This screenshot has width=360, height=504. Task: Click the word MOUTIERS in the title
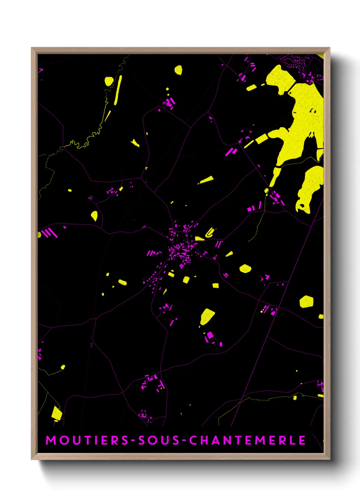pyautogui.click(x=87, y=440)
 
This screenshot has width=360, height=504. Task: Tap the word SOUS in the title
pyautogui.click(x=159, y=440)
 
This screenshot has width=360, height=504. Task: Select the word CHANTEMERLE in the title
pyautogui.click(x=247, y=440)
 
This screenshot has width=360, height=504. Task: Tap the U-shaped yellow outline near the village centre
pyautogui.click(x=210, y=233)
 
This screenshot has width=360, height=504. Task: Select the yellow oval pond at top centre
pyautogui.click(x=178, y=70)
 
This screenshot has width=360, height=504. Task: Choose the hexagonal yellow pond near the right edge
pyautogui.click(x=306, y=302)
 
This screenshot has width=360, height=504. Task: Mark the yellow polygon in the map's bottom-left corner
pyautogui.click(x=56, y=413)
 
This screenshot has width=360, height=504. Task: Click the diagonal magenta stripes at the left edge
pyautogui.click(x=50, y=233)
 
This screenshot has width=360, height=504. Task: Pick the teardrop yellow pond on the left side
pyautogui.click(x=94, y=215)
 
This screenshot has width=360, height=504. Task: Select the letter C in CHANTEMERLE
pyautogui.click(x=193, y=440)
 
